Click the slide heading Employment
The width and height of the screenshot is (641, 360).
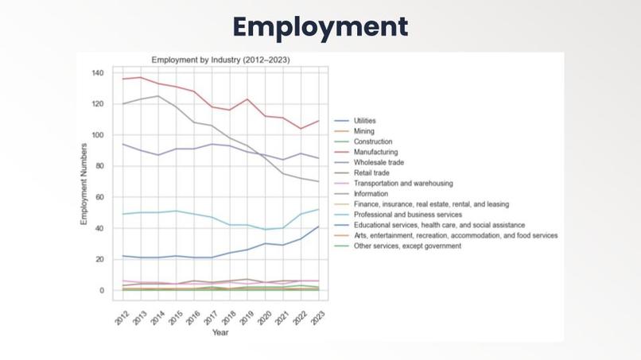click(320, 26)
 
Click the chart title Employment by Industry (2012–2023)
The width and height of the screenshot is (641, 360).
click(220, 60)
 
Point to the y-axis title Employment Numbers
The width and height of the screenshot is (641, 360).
click(84, 184)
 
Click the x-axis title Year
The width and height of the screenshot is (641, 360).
click(220, 332)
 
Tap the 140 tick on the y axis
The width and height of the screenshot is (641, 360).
click(98, 73)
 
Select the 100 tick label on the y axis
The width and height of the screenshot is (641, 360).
click(98, 135)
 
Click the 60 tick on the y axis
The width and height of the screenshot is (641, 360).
click(100, 197)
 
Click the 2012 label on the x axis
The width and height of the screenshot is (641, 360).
click(121, 315)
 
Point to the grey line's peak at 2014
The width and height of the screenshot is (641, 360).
click(158, 96)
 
